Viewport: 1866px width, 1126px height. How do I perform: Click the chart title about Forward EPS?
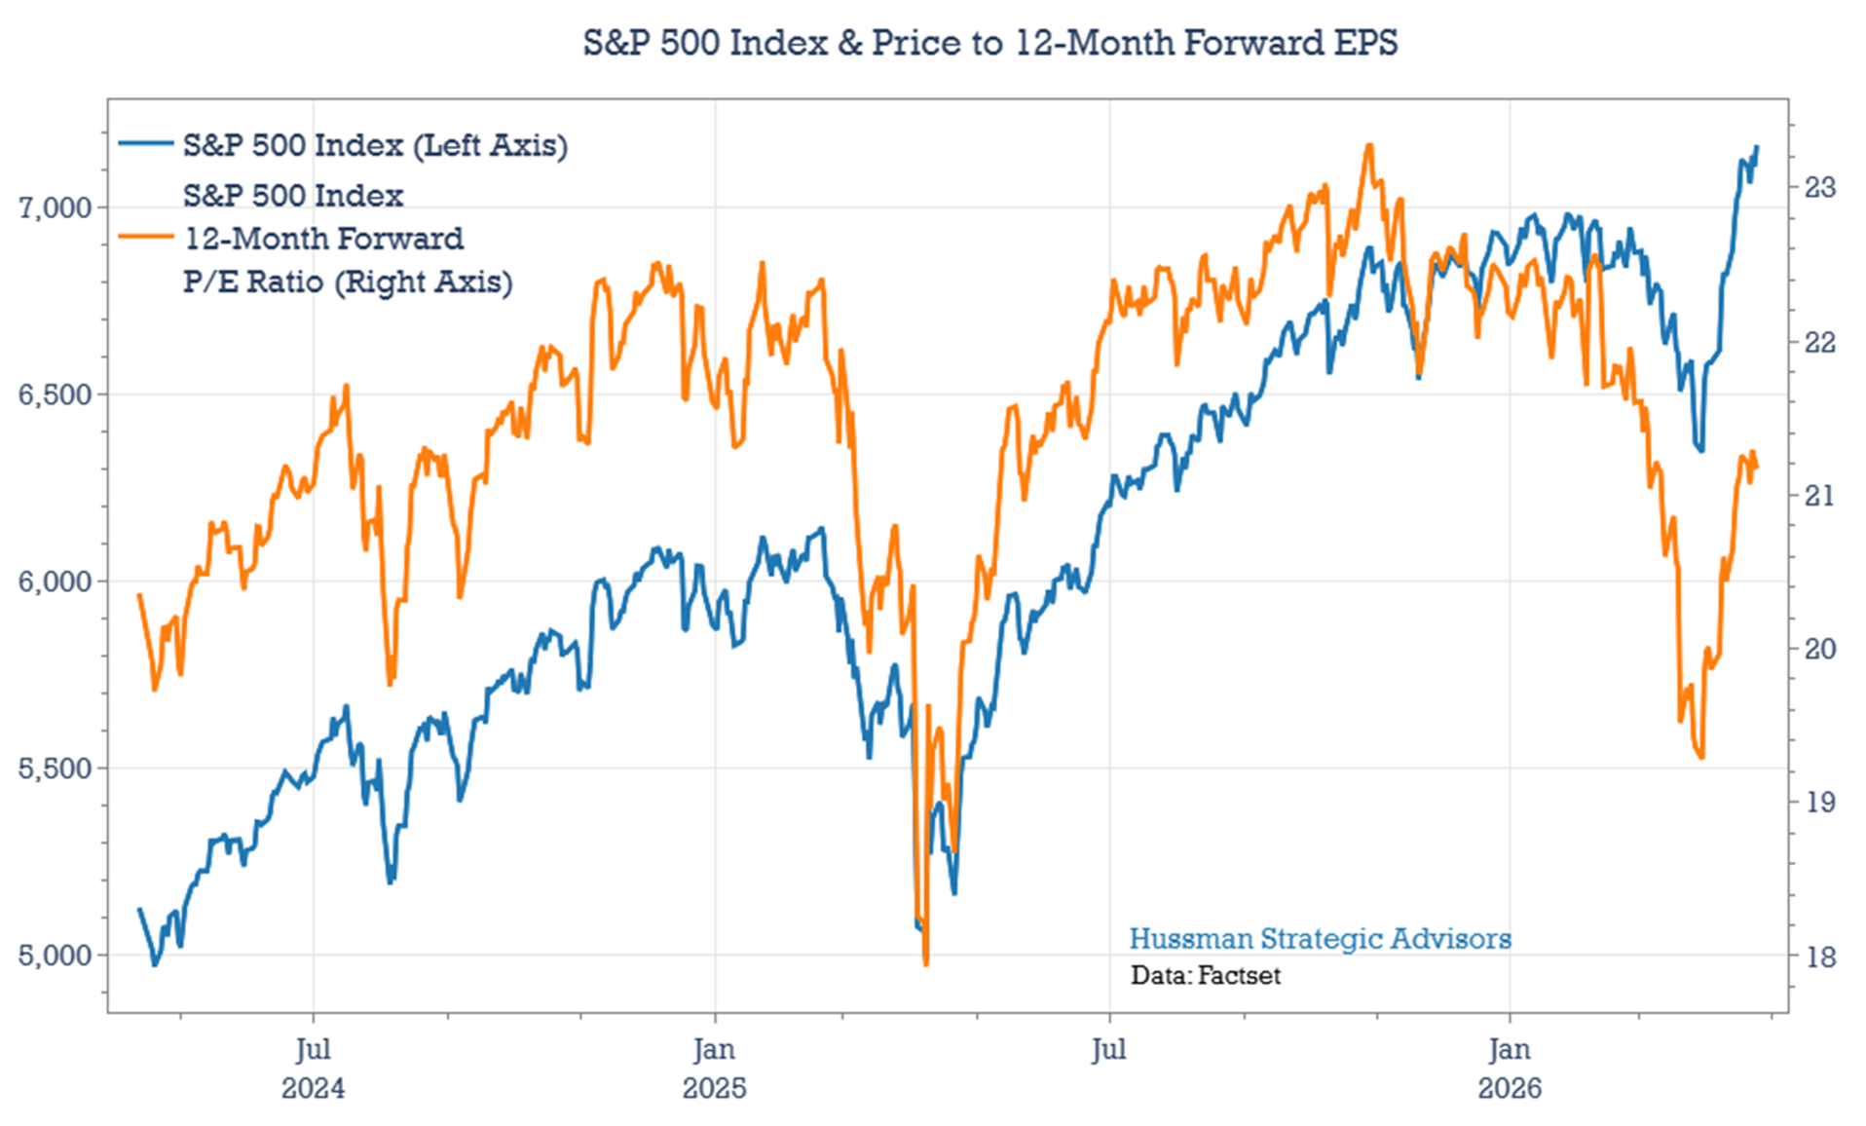click(x=989, y=43)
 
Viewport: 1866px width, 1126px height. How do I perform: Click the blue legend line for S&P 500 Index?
click(x=146, y=144)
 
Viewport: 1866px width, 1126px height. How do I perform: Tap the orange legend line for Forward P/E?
click(x=146, y=237)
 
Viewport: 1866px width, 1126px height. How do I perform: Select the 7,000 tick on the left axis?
click(x=55, y=207)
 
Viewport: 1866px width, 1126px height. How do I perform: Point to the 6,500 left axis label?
click(x=55, y=394)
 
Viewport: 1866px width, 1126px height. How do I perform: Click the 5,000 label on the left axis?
click(x=55, y=956)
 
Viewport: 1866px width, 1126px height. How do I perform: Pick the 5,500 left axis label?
click(x=55, y=769)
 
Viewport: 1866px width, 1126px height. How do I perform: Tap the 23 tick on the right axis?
click(x=1819, y=187)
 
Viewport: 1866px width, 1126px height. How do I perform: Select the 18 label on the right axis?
click(x=1819, y=957)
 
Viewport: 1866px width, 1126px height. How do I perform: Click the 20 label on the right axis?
click(x=1819, y=649)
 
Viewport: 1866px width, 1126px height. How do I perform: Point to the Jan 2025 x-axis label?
click(x=714, y=1068)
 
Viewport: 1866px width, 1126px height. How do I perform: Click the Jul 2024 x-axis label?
click(x=313, y=1068)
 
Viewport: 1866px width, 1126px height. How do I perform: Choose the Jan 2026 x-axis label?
click(x=1510, y=1068)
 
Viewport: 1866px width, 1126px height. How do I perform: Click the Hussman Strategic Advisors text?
click(x=1320, y=939)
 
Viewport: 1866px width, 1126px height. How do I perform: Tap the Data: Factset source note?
click(x=1205, y=976)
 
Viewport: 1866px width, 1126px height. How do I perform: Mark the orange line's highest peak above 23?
click(x=1369, y=145)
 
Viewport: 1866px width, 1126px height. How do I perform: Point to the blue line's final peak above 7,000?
click(x=1757, y=147)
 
